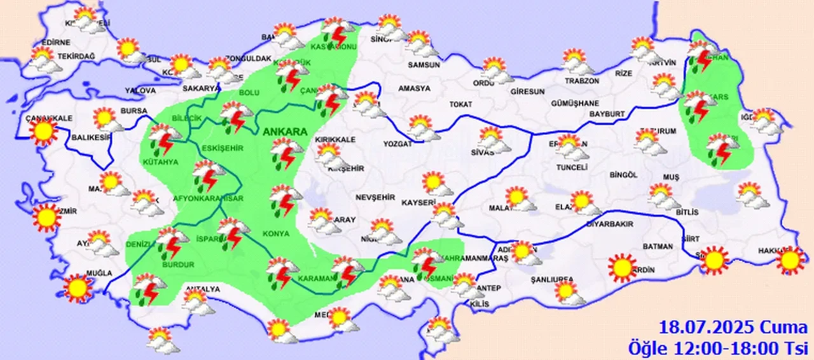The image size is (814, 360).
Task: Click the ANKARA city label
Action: [283, 131]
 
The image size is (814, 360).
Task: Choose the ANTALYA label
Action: [202, 289]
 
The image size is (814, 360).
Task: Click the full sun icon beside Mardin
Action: [621, 267]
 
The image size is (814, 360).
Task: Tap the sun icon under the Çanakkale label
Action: [44, 132]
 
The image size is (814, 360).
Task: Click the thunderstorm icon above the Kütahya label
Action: [165, 141]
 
